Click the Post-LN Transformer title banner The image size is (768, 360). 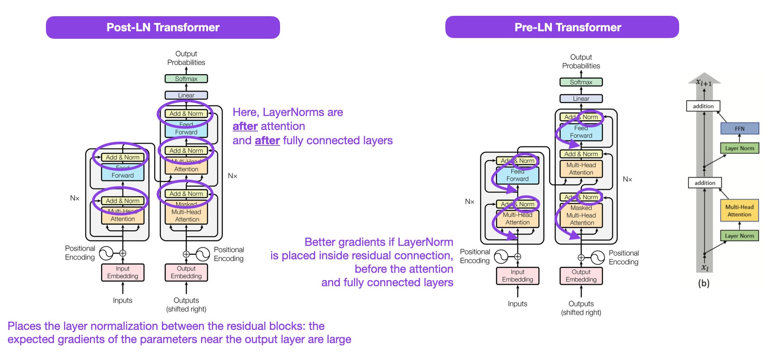[163, 27]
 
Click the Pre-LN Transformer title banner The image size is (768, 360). [562, 27]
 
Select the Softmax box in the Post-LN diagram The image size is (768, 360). [186, 79]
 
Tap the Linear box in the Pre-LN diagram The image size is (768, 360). [581, 99]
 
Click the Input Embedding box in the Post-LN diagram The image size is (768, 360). [123, 272]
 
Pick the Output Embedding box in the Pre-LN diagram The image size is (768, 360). [581, 276]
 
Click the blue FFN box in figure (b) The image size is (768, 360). [739, 129]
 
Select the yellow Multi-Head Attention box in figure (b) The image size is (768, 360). [739, 211]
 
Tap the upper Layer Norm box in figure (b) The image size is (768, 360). [739, 148]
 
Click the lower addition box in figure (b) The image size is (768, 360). [705, 183]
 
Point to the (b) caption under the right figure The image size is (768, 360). [704, 283]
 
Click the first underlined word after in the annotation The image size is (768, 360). [245, 126]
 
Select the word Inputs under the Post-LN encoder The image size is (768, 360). [123, 301]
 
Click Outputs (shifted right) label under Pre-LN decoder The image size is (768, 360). [581, 308]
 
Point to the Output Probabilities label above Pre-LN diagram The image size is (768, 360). [581, 61]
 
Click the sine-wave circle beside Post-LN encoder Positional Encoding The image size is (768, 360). [106, 253]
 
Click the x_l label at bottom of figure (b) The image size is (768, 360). [705, 268]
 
